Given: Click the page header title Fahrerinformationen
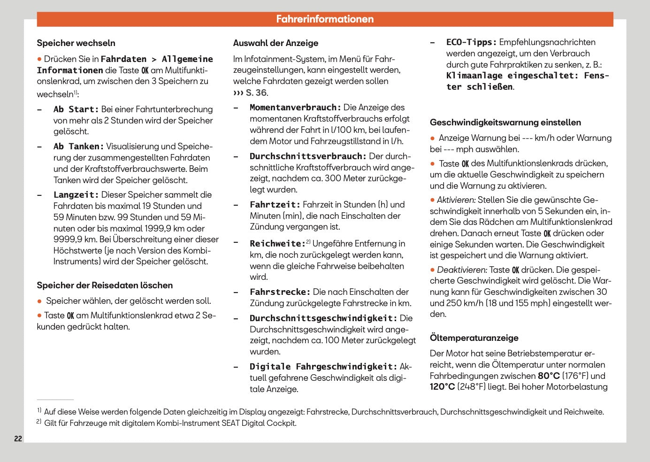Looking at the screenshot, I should pos(325,19).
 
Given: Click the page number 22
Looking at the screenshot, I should pos(18,439).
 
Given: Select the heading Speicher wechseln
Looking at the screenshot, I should pos(76,43).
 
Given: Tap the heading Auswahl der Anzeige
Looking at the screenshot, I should pos(275,43).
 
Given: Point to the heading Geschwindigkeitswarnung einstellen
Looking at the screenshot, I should pos(505,123).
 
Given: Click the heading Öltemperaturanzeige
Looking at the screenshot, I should pos(474,338).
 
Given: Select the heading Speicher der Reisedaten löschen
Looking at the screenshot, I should pos(105,285).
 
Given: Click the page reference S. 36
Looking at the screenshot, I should pos(256,93).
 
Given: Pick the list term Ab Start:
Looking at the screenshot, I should pos(76,109).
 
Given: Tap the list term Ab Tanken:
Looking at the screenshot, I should pos(78,146).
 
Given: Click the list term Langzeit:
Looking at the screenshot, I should pos(76,195).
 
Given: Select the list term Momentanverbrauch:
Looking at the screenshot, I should pos(295,108).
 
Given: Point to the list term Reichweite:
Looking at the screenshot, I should pos(277,244).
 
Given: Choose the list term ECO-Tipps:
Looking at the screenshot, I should pos(471,42).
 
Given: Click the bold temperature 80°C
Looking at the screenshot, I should pos(549,376).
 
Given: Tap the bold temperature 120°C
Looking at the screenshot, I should pos(443,387).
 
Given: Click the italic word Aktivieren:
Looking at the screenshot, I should pos(456,200).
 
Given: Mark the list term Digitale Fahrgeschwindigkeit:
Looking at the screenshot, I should pos(323,367).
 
